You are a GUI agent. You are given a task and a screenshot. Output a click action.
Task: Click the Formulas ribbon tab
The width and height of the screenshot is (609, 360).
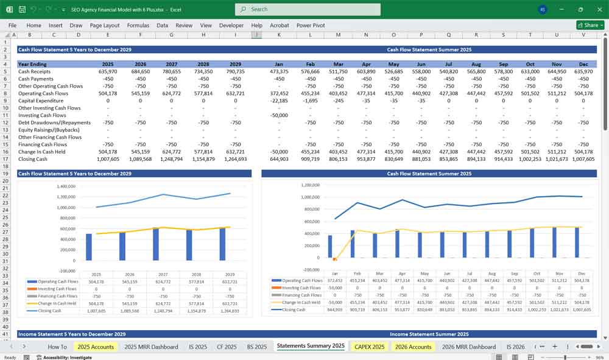tap(138, 26)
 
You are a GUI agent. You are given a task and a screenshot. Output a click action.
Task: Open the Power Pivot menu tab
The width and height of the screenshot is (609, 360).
tap(311, 26)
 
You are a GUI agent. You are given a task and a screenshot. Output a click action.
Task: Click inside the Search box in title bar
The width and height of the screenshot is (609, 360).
tap(308, 9)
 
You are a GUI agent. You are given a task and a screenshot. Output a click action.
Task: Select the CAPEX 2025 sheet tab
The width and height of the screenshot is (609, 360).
tap(369, 347)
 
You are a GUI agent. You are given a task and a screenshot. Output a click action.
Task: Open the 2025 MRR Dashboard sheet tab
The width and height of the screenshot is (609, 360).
tap(151, 347)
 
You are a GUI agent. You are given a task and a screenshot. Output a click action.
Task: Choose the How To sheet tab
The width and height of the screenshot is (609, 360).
tap(57, 347)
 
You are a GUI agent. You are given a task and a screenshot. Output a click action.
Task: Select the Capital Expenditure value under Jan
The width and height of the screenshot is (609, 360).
tap(280, 101)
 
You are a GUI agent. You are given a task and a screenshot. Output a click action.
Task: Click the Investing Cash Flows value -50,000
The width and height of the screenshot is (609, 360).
tap(280, 115)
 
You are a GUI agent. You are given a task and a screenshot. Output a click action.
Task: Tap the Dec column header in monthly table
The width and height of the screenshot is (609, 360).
tap(583, 64)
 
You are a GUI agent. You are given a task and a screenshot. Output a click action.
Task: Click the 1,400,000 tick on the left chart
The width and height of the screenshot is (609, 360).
tap(65, 186)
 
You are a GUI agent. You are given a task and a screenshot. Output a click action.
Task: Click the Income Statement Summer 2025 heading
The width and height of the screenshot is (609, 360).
tap(429, 334)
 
